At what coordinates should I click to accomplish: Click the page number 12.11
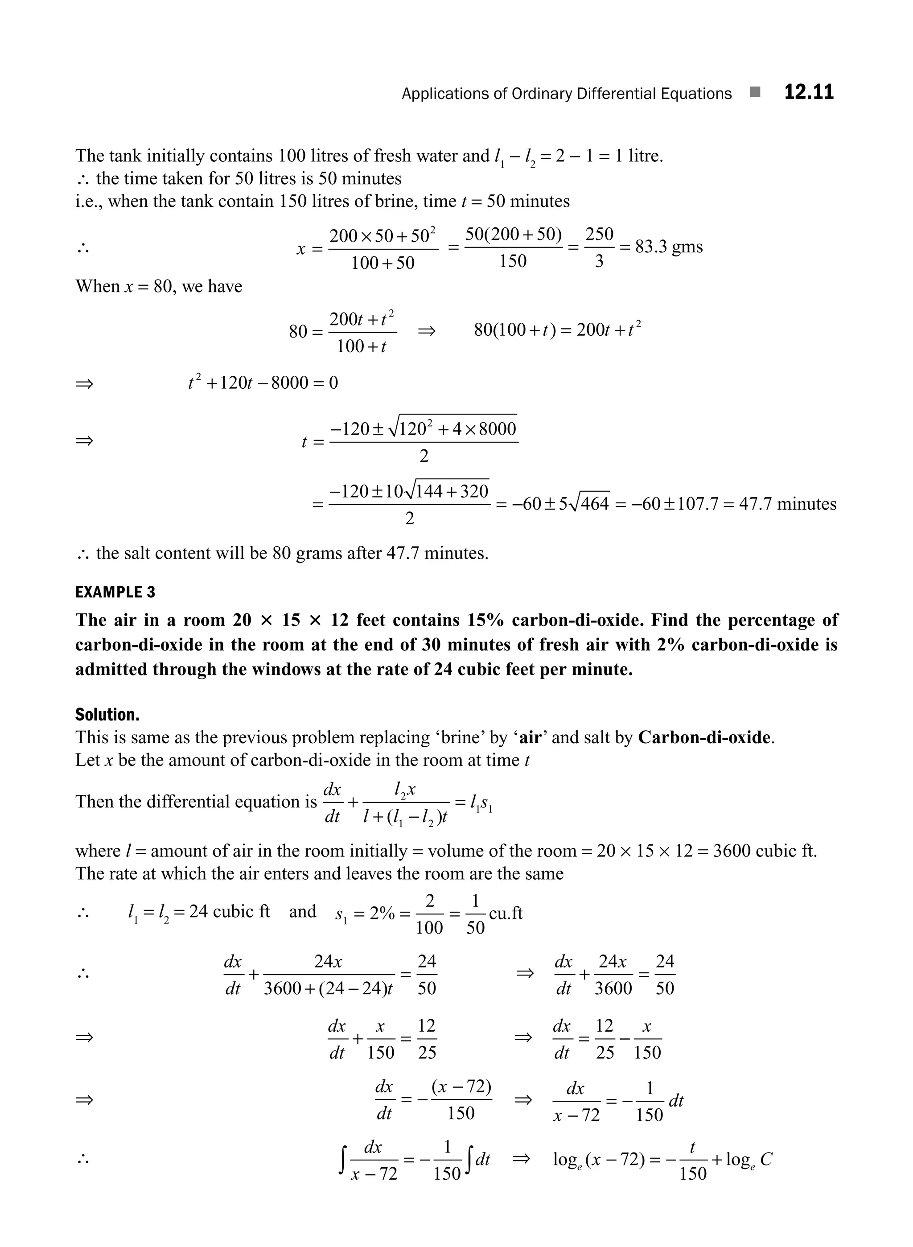point(809,92)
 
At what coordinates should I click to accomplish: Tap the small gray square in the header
point(755,92)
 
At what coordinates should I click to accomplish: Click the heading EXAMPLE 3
point(115,593)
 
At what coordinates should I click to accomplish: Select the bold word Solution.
point(107,715)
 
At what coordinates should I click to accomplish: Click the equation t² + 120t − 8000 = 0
point(263,383)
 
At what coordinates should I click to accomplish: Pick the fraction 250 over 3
point(599,247)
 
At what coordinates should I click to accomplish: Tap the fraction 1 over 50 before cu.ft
point(475,914)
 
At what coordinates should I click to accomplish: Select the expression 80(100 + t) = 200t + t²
point(558,330)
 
